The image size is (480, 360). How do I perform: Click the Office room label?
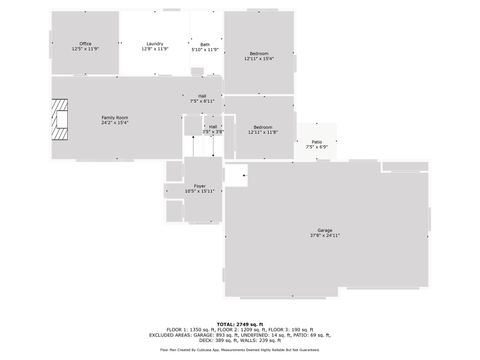[86, 43]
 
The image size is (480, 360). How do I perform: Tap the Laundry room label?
[155, 43]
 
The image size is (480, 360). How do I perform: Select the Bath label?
[205, 44]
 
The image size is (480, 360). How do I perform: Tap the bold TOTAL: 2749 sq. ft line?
[240, 323]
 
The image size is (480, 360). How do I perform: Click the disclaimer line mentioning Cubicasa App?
[240, 350]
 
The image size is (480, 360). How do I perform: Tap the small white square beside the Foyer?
[236, 177]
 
